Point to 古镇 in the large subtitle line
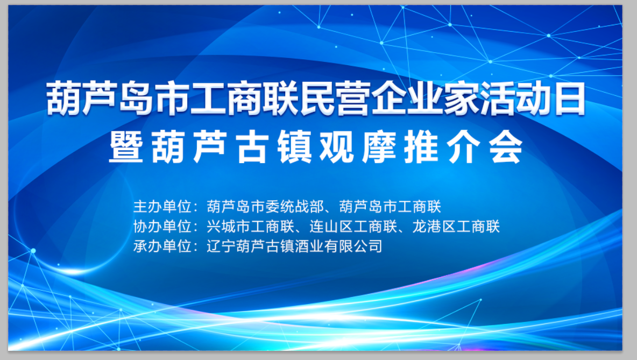273,146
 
